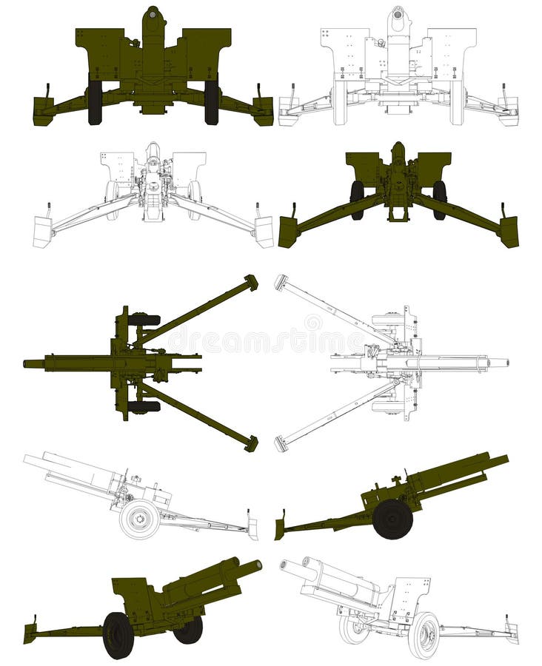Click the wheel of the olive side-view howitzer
pos(392,519)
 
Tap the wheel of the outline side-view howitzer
pos(139,519)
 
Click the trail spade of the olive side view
pos(281,528)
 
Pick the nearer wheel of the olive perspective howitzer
pos(118,635)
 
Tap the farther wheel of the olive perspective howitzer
pos(189,630)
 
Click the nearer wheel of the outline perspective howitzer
pos(424,634)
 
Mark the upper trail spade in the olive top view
pos(251,282)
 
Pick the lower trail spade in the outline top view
pos(281,444)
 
